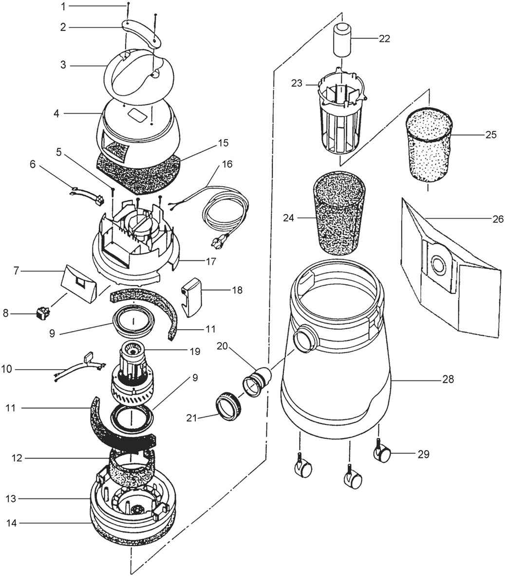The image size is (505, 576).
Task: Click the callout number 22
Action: point(384,38)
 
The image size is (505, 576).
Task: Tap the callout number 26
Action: point(498,219)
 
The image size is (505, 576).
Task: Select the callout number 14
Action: point(12,523)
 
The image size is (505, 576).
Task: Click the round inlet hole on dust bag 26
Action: point(438,264)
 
